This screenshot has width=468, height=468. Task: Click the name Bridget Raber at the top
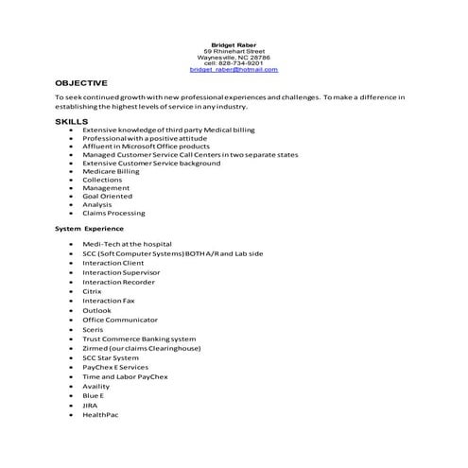coord(234,43)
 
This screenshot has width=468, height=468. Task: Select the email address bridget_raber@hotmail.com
coord(234,70)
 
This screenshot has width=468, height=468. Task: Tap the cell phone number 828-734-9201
coord(234,63)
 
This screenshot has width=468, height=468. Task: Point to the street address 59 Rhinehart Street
coord(234,50)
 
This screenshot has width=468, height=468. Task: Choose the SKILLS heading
coord(72,122)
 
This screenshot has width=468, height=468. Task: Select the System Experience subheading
coord(88,229)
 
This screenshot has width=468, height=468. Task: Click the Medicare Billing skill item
coord(111,171)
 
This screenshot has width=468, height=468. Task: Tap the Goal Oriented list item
coord(107,197)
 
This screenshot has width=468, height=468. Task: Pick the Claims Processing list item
coord(113,213)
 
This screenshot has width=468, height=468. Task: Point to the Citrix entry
coord(92,291)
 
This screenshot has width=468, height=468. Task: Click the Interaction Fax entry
coord(109,301)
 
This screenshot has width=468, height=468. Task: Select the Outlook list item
coord(96,310)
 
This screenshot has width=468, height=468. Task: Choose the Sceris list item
coord(94,329)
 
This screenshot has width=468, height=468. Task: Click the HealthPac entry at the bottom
coord(99,414)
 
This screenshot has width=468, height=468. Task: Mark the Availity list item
coord(96,386)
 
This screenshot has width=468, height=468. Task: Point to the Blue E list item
coord(94,395)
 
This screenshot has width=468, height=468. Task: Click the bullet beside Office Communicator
coord(72,320)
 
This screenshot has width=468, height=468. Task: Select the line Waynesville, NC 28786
coord(234,57)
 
